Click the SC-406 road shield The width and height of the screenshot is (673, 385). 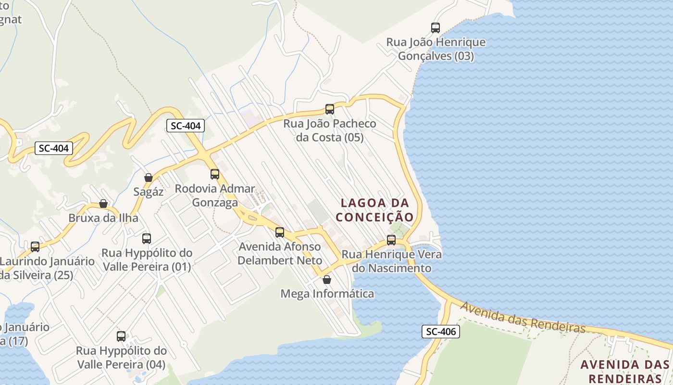pos(441,331)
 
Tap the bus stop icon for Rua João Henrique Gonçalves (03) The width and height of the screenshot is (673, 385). pos(436,28)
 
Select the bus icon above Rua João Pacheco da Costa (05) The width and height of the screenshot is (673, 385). pos(329,109)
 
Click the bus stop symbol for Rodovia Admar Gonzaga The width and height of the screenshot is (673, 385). pos(215,174)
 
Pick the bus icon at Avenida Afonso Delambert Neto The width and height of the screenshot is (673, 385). pos(280,232)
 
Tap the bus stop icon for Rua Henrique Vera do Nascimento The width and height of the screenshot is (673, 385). pos(391,240)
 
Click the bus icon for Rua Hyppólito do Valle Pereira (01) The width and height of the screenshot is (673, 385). pos(147,239)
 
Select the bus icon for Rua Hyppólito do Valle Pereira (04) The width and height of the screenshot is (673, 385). pos(121,336)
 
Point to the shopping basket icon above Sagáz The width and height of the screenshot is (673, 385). pos(149,178)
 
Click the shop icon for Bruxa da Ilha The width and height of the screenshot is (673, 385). pos(103,204)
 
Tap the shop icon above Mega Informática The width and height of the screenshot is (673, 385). pos(327,279)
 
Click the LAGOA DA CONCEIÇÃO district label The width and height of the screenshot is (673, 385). pos(374,210)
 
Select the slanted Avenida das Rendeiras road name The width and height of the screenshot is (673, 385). pos(523,318)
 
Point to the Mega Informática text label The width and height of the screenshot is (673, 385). pos(327,293)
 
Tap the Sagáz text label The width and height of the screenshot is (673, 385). pos(149,192)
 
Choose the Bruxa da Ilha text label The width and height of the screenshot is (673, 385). pos(103,218)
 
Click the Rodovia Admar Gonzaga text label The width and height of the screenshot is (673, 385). pos(215,195)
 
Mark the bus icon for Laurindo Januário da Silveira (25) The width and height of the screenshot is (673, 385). pos(35,247)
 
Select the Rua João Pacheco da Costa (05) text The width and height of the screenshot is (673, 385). pos(330,130)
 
